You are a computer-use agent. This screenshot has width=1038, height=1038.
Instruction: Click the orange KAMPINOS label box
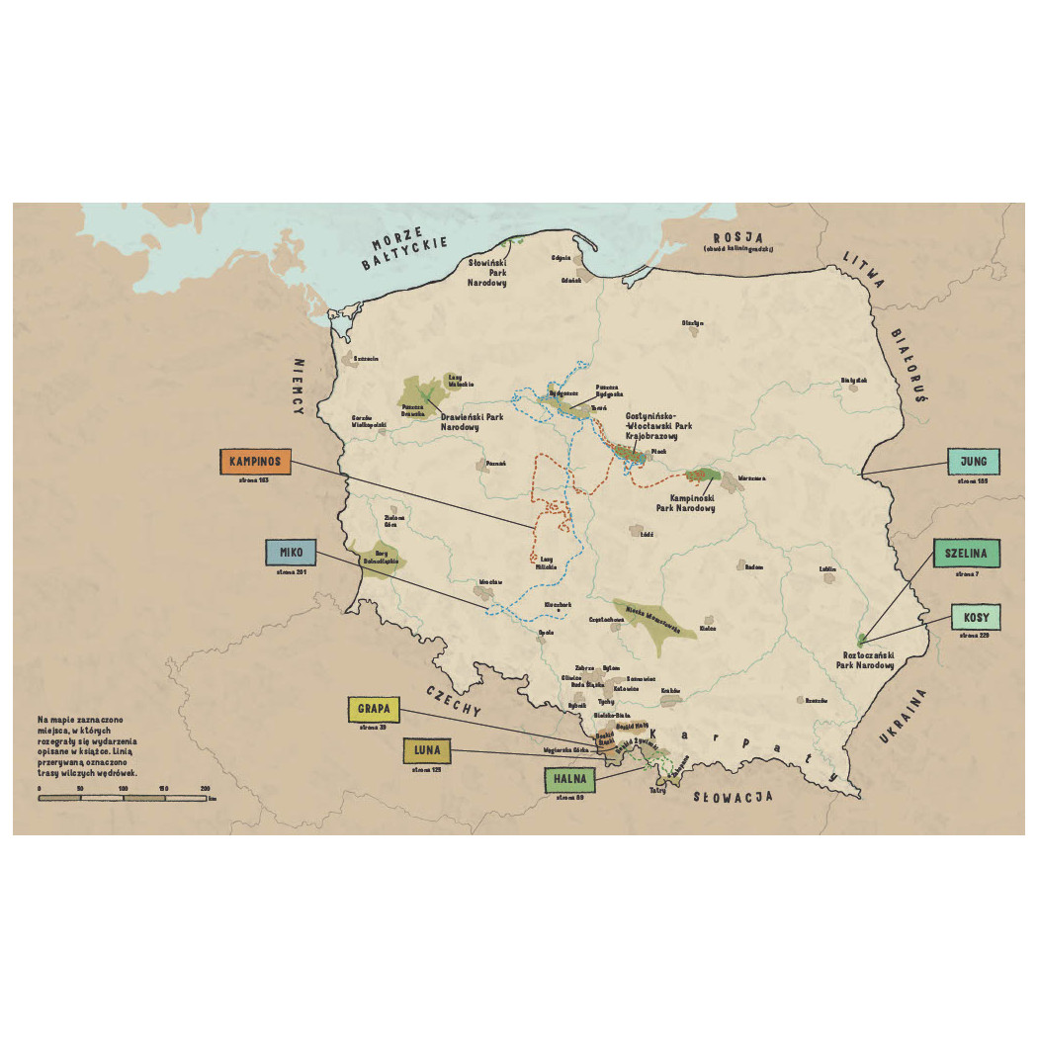coord(257,462)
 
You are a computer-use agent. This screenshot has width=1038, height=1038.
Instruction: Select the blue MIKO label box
coord(291,552)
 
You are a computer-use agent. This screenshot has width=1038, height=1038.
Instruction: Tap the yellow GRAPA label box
coord(374,709)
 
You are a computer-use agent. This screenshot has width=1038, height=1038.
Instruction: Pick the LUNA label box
coord(427,751)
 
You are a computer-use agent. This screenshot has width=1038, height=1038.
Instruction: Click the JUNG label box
coord(974,462)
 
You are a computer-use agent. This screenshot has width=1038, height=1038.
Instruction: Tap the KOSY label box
coord(976,617)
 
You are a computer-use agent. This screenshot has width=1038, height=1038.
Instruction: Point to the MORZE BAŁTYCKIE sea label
coord(409,254)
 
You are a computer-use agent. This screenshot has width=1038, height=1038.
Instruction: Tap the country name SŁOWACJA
coord(733,796)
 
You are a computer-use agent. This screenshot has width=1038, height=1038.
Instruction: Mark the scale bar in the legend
coord(123,797)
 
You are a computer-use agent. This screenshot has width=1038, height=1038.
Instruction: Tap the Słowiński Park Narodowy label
coord(487,273)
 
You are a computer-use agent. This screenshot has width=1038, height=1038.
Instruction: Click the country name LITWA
coord(862,269)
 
